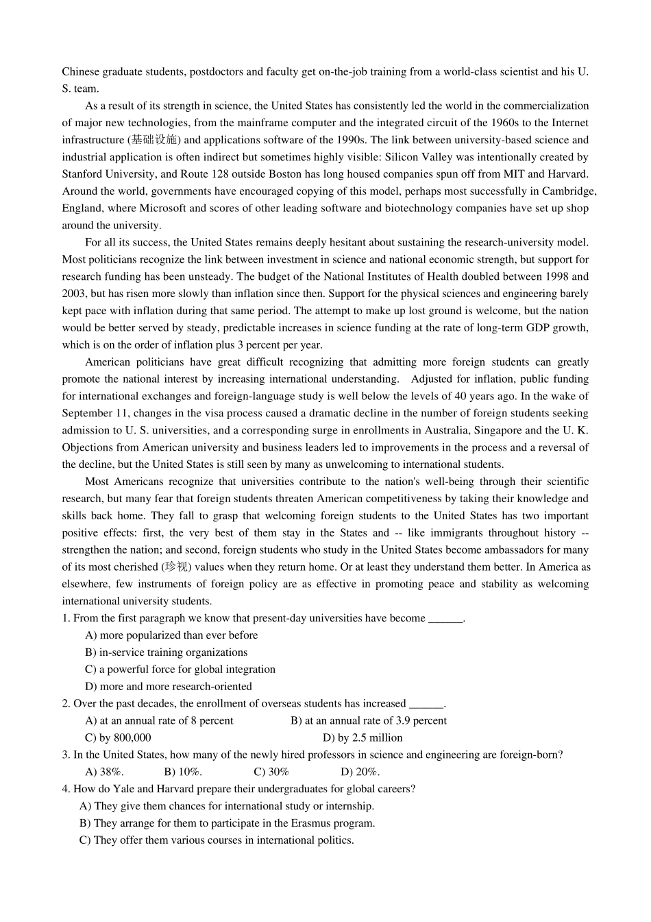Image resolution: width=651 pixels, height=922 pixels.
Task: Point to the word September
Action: (x=86, y=414)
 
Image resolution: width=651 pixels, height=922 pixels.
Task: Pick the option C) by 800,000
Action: (x=118, y=738)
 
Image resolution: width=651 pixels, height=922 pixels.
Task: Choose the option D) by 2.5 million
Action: (x=363, y=738)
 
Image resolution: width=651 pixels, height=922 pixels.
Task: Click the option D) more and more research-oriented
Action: (x=169, y=687)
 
